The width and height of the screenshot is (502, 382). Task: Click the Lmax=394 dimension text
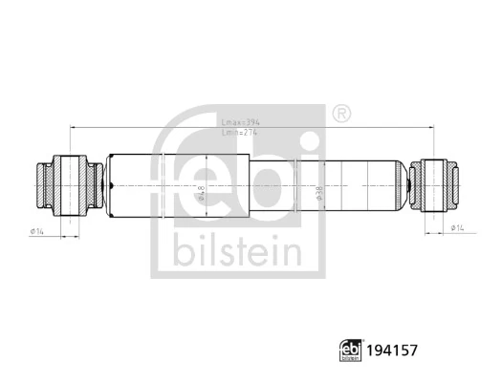[239, 123]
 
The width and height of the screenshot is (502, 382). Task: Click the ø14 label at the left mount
[39, 229]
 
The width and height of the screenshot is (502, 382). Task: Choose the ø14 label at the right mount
[457, 229]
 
